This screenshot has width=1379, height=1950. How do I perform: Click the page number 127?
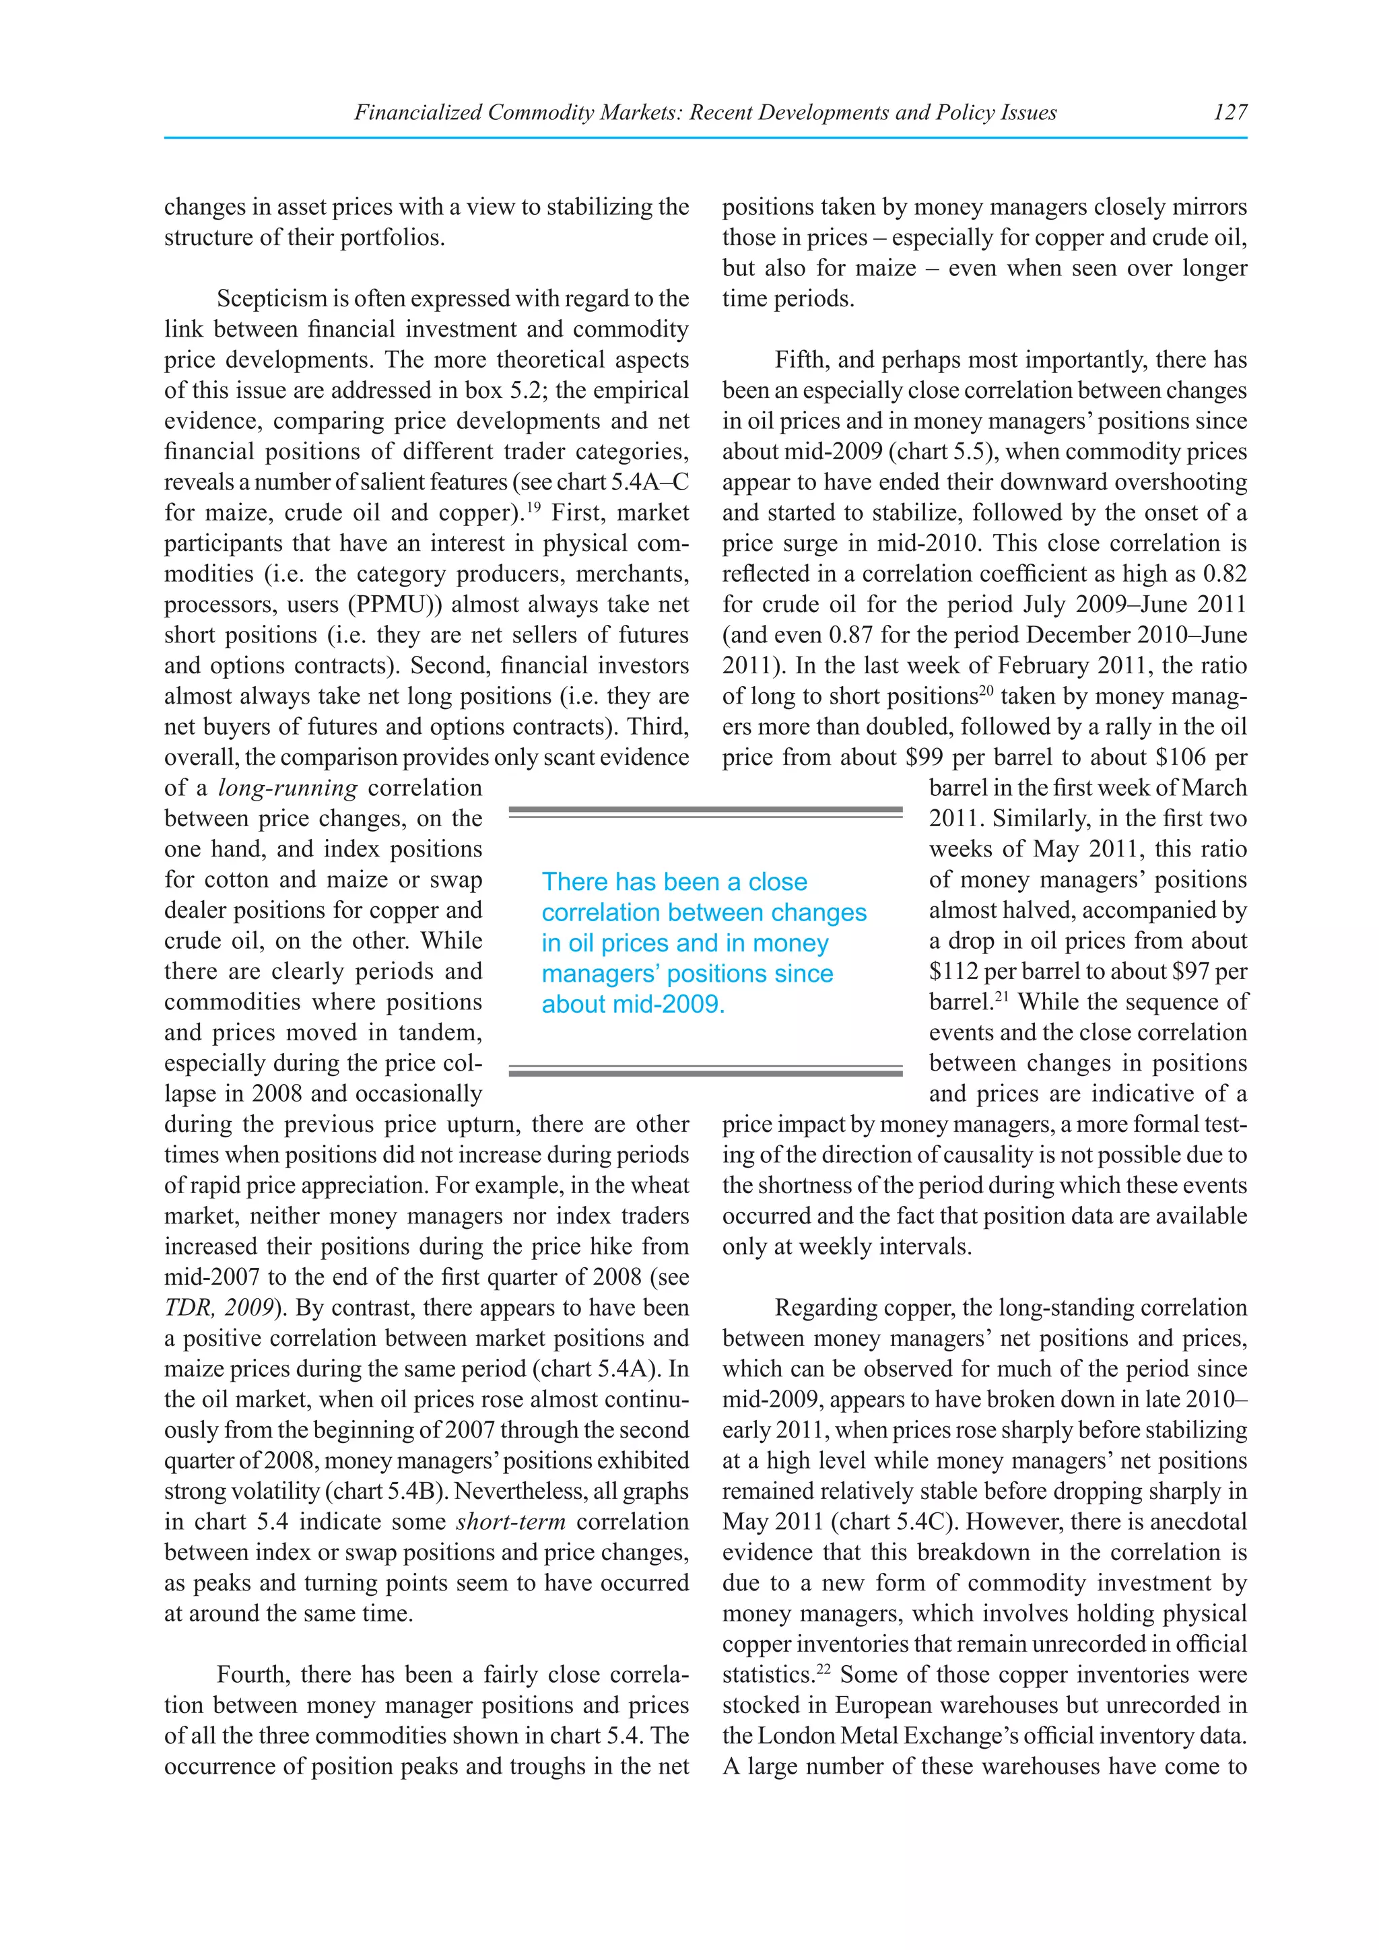click(x=1230, y=112)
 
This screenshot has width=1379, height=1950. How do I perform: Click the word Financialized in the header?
click(x=417, y=112)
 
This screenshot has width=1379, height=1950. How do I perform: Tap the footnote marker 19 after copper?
click(x=533, y=507)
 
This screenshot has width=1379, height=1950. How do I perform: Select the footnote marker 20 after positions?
click(x=986, y=690)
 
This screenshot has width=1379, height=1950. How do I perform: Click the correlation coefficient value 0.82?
click(x=1224, y=574)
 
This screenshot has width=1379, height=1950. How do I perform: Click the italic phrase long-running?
click(x=288, y=788)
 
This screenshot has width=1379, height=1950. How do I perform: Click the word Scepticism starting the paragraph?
click(x=271, y=299)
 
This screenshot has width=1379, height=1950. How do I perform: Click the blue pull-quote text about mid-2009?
click(x=633, y=1004)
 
